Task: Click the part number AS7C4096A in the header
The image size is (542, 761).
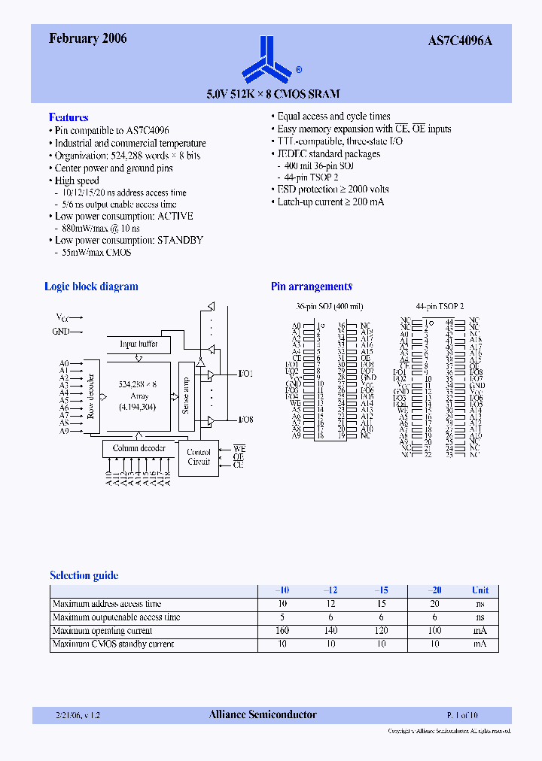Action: [x=460, y=41]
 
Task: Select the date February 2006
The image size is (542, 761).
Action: [x=88, y=39]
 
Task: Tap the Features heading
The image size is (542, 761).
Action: [x=69, y=117]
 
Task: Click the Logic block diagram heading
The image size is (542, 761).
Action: [x=91, y=287]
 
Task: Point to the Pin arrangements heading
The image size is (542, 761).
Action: [x=312, y=287]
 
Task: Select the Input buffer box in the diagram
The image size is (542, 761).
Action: [x=139, y=344]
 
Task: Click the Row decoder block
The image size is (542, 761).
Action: [x=91, y=396]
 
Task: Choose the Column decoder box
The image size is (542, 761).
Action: [x=139, y=448]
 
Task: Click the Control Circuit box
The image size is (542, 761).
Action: [x=199, y=456]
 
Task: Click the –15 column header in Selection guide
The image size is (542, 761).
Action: [x=381, y=590]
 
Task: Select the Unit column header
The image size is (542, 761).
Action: [x=480, y=590]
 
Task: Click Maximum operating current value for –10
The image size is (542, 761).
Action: [x=282, y=630]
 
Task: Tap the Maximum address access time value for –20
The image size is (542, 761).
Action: [x=435, y=604]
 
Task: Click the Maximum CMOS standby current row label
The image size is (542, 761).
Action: [x=113, y=644]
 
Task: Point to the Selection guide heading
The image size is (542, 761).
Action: [x=84, y=575]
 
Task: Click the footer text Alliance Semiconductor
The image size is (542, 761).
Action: [x=263, y=714]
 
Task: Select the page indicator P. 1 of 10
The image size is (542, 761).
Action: [x=462, y=715]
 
